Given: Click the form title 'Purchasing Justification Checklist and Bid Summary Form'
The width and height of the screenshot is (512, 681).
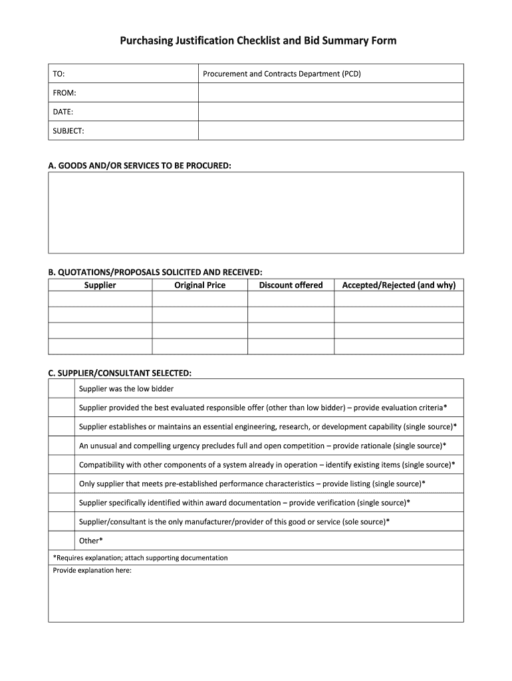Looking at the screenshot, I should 258,41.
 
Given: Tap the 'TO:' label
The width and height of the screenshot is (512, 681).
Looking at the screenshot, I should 59,74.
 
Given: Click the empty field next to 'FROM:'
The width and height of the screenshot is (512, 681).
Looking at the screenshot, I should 330,92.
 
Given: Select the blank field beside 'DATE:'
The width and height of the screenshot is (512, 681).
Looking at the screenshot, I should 330,112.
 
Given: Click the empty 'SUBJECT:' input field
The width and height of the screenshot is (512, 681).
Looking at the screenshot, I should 330,131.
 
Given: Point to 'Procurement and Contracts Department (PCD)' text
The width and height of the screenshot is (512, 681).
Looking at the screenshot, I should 281,74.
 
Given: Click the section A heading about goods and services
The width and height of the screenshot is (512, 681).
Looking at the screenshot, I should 140,164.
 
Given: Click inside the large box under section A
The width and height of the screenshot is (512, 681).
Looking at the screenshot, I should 255,212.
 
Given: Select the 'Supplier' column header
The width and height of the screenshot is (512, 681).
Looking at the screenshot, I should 100,285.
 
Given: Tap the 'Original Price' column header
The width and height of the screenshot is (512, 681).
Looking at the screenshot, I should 199,285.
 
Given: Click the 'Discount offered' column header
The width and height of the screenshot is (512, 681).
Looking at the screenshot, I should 291,285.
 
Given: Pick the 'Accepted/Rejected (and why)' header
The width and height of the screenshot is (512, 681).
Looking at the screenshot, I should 398,285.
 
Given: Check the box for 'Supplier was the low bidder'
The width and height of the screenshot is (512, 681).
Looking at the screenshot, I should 61,388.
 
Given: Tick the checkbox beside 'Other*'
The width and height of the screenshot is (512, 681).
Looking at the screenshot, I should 61,541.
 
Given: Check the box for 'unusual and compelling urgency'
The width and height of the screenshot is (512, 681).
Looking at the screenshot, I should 61,446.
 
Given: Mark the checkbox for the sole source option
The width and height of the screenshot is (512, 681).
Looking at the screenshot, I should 61,521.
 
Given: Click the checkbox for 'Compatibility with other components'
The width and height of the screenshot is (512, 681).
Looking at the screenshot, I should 61,464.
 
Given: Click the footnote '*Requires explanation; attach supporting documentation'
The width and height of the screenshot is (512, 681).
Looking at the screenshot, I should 140,558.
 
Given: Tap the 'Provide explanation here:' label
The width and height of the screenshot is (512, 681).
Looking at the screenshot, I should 92,571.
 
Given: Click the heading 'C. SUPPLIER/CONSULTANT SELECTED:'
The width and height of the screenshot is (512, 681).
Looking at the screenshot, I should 120,372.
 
